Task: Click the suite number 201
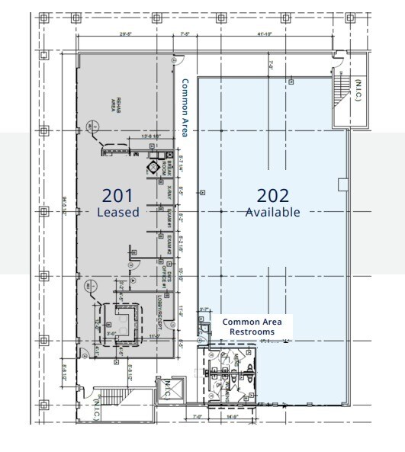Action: pos(118,194)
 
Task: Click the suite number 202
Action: pos(272,194)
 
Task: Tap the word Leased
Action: pos(118,213)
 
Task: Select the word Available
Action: pos(272,213)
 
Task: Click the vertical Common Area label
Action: pos(184,107)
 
